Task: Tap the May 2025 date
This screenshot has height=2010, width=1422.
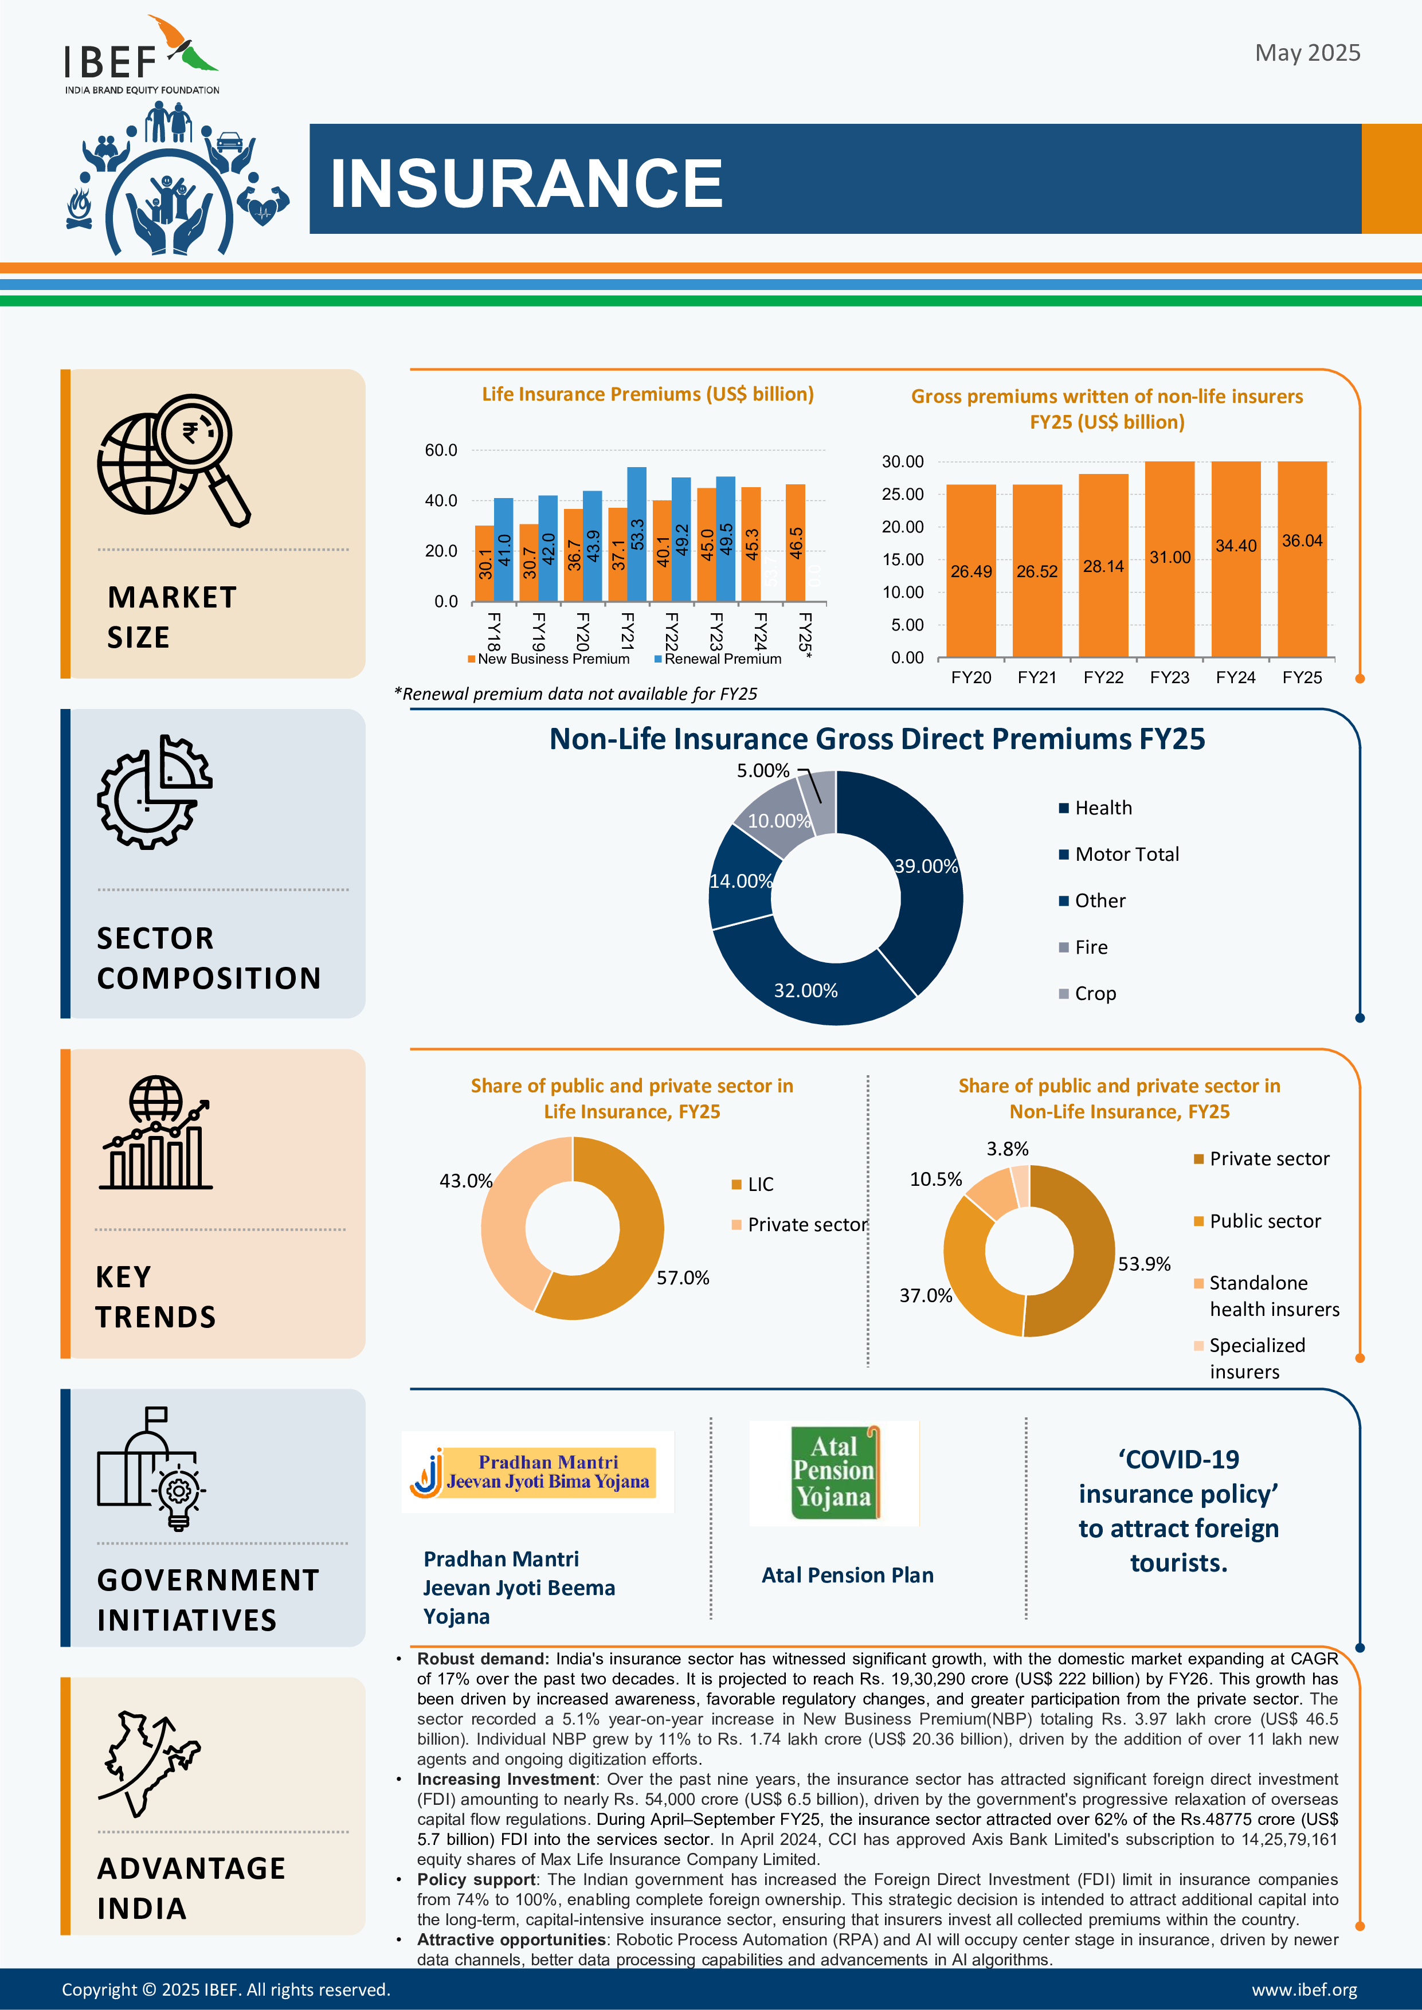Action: pos(1307,53)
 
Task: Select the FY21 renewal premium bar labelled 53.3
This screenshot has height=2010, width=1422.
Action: pos(637,534)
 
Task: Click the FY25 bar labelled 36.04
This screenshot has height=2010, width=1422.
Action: pos(1302,559)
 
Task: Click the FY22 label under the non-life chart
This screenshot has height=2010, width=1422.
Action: pos(1103,677)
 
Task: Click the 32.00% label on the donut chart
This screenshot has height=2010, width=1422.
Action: pos(805,990)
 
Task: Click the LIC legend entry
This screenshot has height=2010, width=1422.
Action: pos(753,1185)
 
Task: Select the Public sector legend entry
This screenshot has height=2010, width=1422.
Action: pos(1258,1221)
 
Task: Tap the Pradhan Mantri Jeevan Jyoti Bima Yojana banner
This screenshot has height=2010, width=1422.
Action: pos(538,1472)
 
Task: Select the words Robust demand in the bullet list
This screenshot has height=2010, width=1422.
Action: pos(483,1659)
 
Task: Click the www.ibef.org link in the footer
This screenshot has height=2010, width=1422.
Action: pos(1305,1990)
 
